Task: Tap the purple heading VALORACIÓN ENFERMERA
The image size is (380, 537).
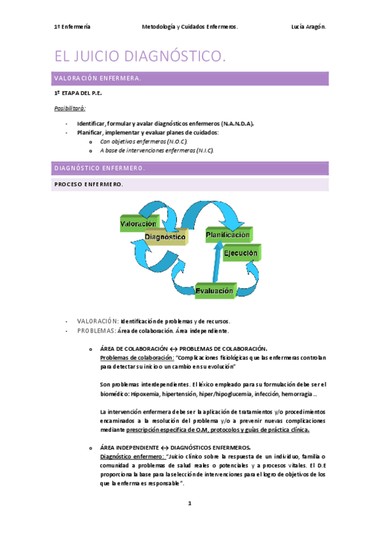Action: tap(97, 79)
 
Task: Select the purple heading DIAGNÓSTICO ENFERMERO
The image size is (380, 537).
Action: tap(100, 168)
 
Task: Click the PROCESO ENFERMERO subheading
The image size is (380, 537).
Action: tap(89, 184)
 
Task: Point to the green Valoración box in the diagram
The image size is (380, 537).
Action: tap(138, 224)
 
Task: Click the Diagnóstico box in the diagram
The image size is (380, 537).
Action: tap(165, 237)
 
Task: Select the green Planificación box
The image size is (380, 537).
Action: tap(227, 235)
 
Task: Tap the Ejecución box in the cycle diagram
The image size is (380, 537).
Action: tap(241, 253)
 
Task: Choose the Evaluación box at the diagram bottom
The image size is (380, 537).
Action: tap(214, 291)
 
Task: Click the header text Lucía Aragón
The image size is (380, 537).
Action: tap(308, 27)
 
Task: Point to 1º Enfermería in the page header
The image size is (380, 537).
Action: tap(72, 27)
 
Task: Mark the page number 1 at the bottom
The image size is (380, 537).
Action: tap(189, 503)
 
